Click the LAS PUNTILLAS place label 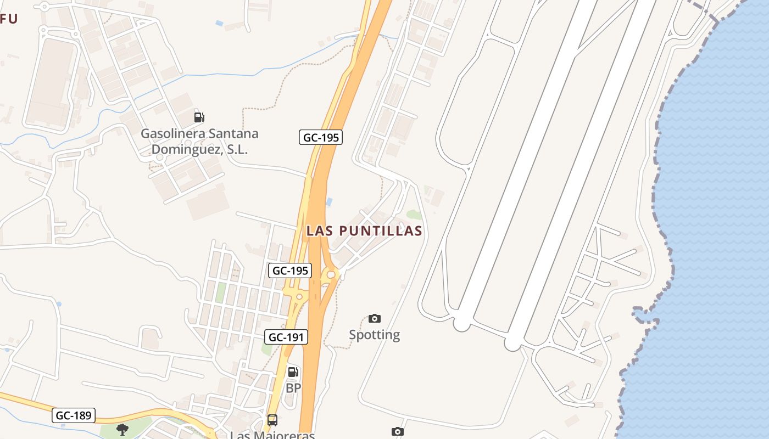365,231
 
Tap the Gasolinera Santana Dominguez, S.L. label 199,142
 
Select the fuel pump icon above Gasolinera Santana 199,117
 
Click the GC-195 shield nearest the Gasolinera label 321,137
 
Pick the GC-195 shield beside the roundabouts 290,271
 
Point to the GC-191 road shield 286,337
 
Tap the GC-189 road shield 74,415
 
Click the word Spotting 375,335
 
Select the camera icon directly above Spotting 375,318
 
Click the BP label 293,388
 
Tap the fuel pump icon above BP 293,372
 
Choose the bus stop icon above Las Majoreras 272,420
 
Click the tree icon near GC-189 122,429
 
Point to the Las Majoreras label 272,435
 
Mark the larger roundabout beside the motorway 331,274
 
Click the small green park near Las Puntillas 414,215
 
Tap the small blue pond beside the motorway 329,202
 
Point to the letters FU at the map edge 9,19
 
